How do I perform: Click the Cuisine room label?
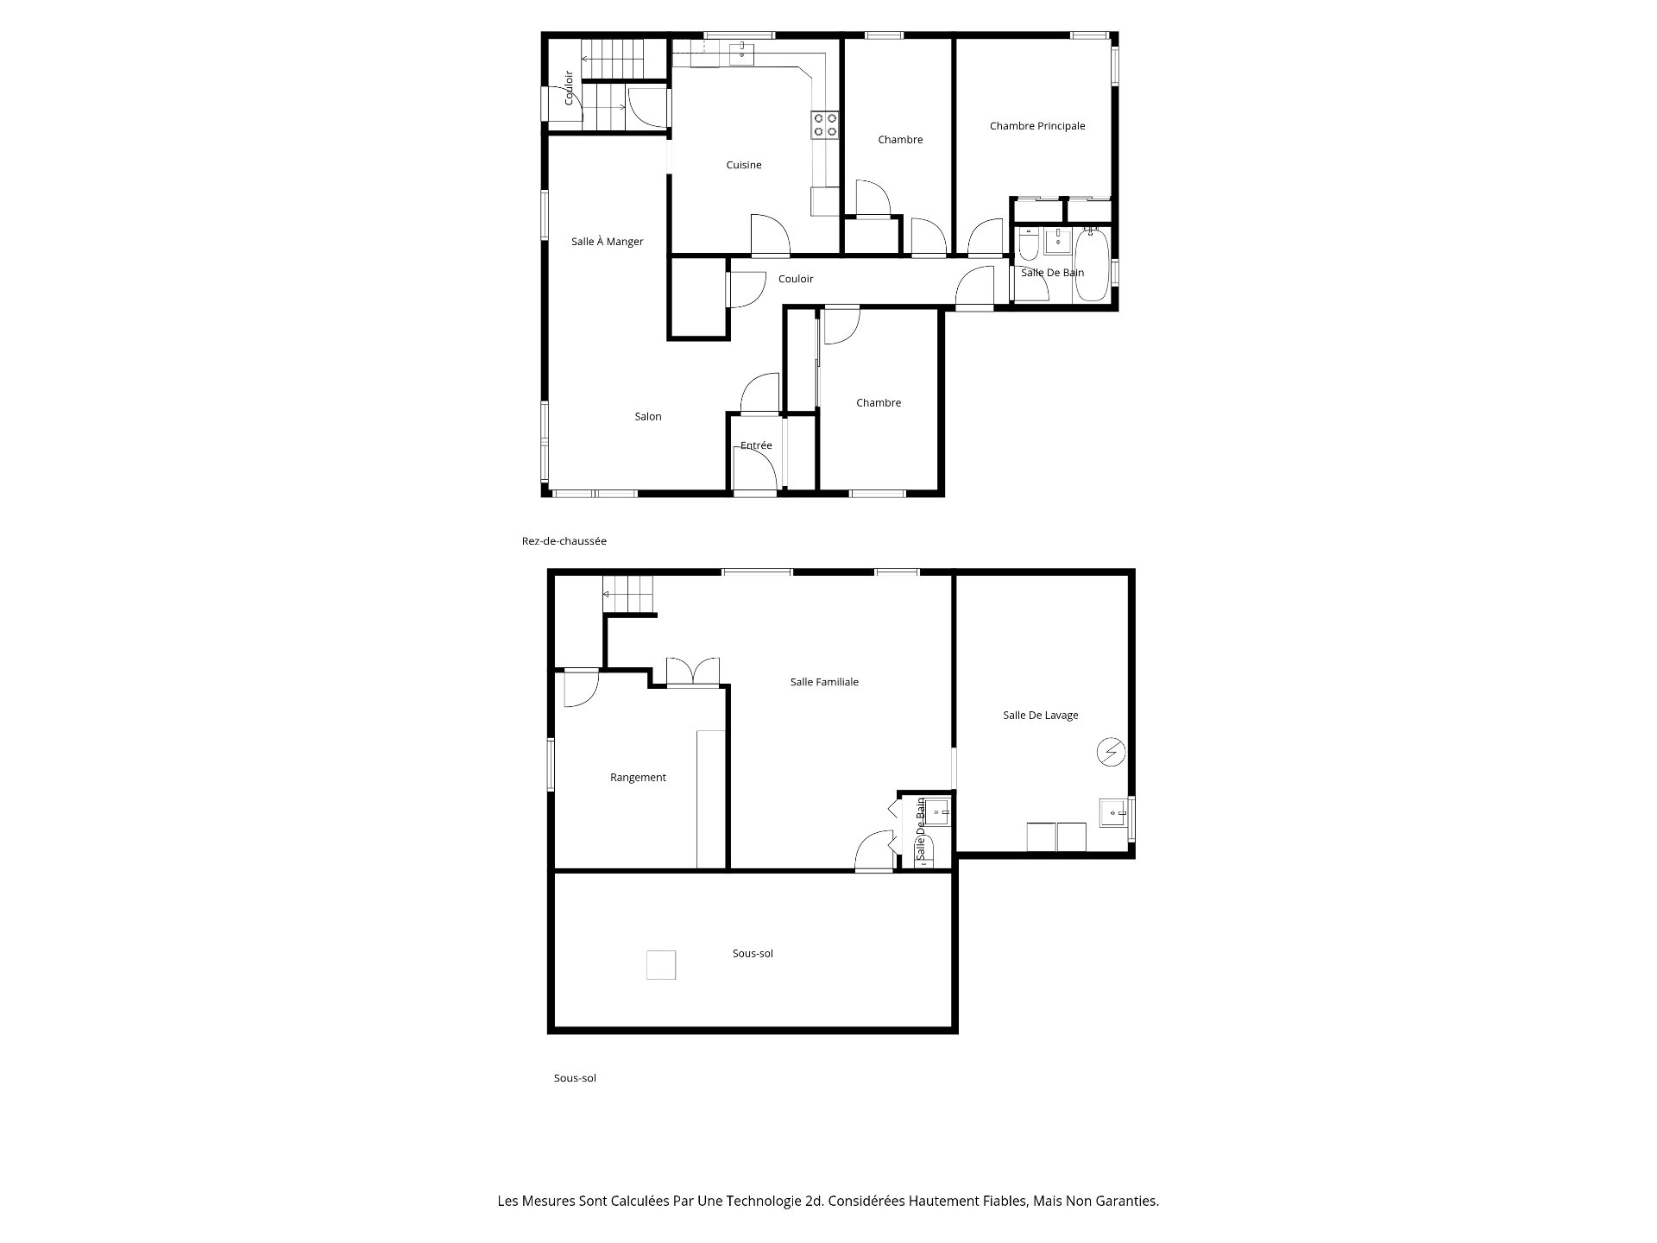pos(743,165)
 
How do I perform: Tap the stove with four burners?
pos(824,125)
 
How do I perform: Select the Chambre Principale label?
pos(1036,126)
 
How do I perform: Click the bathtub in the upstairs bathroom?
pos(1092,265)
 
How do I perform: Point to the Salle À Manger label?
pos(607,242)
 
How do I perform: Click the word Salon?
pos(647,417)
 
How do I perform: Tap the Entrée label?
pos(755,445)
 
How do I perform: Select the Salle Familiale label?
pos(824,682)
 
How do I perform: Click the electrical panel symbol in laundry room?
pos(1111,753)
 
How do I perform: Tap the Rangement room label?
pos(638,778)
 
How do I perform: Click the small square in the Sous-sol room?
pos(661,964)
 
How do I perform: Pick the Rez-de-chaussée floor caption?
pos(564,541)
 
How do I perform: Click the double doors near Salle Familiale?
pos(693,672)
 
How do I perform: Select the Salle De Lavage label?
pos(1040,716)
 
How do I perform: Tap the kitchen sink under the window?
pos(741,54)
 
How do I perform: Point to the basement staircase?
pos(628,595)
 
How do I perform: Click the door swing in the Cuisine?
pos(770,236)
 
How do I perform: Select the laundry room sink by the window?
pos(1113,813)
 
